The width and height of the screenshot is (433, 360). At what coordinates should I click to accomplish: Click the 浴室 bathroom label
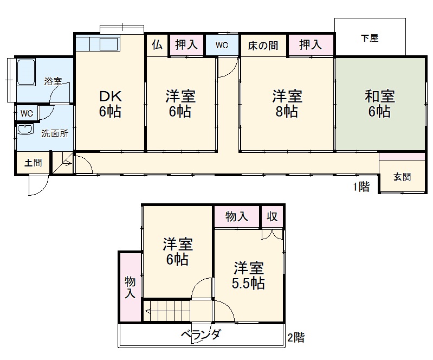click(x=53, y=82)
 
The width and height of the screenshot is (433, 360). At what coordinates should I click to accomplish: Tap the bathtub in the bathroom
click(x=27, y=72)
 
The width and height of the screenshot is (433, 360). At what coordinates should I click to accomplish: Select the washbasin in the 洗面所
click(x=25, y=131)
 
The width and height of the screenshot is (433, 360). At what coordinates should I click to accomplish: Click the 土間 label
click(x=33, y=163)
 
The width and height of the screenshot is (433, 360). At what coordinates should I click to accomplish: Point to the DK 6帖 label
click(x=110, y=104)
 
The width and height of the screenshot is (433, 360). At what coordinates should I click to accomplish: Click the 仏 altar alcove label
click(x=157, y=45)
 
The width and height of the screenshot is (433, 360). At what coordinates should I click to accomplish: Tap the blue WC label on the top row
click(x=222, y=45)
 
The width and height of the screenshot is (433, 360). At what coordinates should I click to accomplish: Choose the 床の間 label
click(x=263, y=45)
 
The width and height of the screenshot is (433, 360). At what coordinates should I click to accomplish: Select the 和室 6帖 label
click(x=379, y=104)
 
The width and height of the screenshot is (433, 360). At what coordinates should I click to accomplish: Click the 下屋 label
click(x=370, y=38)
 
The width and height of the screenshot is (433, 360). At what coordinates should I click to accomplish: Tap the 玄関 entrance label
click(x=402, y=176)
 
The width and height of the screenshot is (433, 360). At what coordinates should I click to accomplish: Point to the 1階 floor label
click(x=361, y=187)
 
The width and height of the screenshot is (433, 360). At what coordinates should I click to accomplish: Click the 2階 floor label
click(x=296, y=337)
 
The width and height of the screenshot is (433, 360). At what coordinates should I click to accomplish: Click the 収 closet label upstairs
click(x=272, y=216)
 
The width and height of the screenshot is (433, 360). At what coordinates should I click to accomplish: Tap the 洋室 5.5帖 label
click(x=249, y=275)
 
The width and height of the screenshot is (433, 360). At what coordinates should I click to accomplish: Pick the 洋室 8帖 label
click(x=287, y=104)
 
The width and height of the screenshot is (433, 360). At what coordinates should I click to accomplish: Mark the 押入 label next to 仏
click(x=186, y=45)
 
